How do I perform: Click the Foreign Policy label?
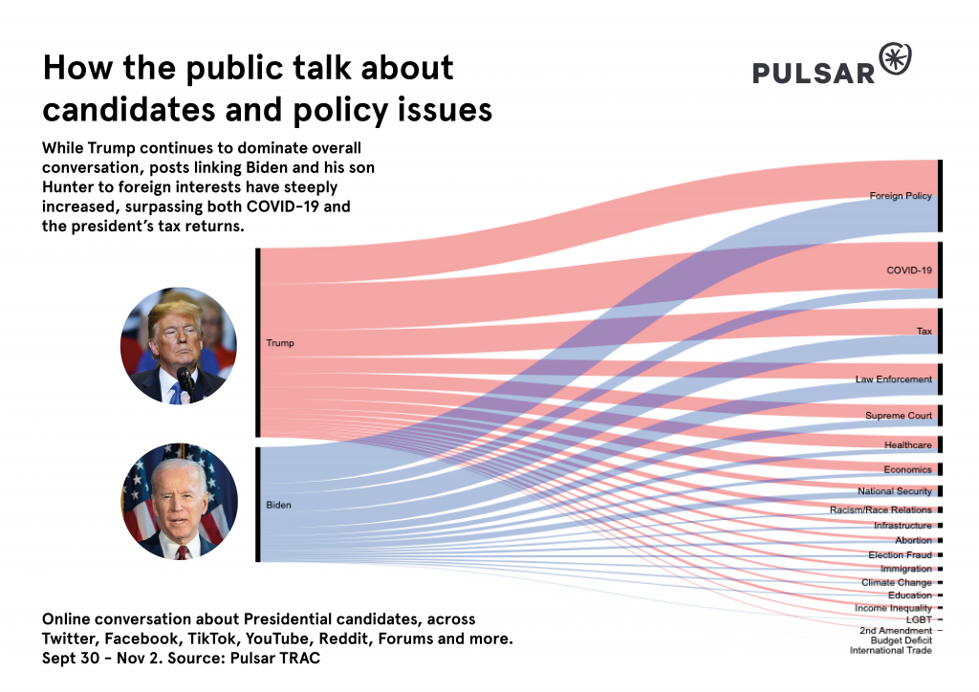coord(900,196)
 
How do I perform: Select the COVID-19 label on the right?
coord(908,270)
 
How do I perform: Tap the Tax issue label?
coord(924,331)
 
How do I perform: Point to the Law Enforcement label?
coord(893,379)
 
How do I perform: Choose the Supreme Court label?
coord(898,416)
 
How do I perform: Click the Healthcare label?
coord(907,445)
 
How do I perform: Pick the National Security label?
coord(894,491)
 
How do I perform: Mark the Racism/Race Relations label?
coord(881,510)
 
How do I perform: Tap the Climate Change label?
coord(896,582)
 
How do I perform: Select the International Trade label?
coord(890,651)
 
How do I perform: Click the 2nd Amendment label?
coord(895,631)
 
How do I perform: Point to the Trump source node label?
coord(280,342)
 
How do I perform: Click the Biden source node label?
coord(278,504)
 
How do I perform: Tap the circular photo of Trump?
coord(178,345)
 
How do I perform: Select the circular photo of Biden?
coord(180,501)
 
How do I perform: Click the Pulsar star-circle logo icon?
coord(895,59)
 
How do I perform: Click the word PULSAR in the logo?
coord(813,74)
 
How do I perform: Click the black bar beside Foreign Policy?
coord(940,196)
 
